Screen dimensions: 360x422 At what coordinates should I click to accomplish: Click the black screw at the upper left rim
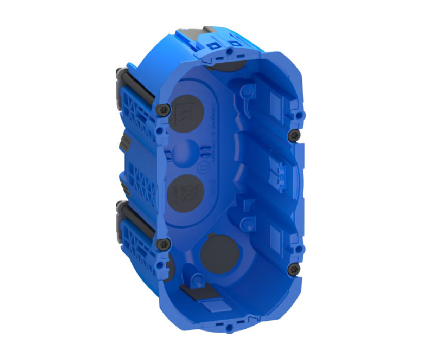164,110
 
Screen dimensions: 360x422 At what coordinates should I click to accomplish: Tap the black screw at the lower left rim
163,244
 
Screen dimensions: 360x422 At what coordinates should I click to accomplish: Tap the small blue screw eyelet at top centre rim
229,52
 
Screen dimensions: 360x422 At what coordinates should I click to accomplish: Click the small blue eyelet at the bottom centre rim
229,329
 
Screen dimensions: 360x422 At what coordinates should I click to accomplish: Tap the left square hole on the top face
212,46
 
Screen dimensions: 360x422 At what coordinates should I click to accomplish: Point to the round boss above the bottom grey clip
199,280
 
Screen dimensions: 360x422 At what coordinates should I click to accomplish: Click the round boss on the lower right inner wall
248,223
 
